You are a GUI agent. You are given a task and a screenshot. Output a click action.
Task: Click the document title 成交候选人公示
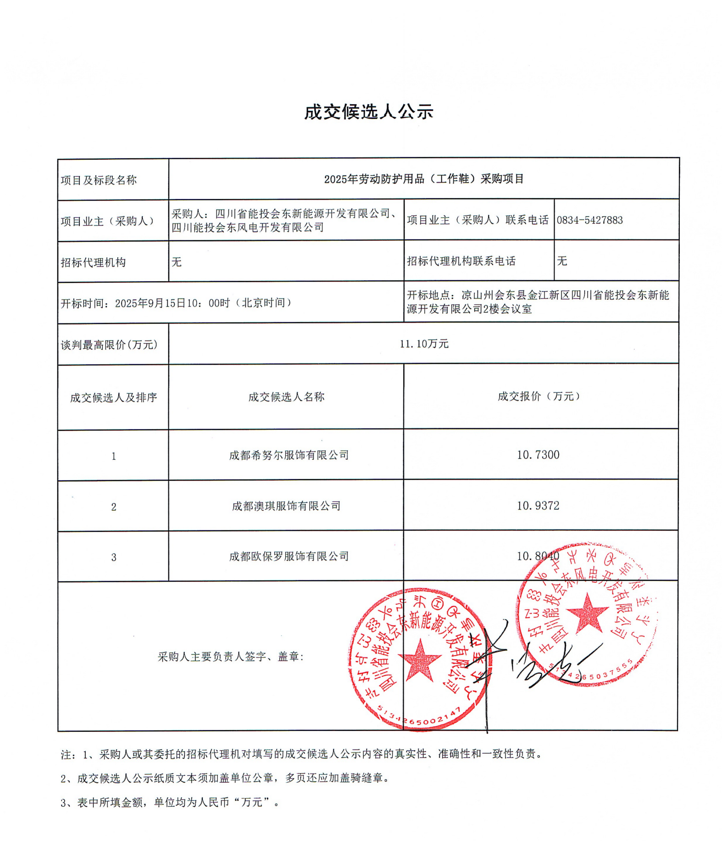pyautogui.click(x=368, y=112)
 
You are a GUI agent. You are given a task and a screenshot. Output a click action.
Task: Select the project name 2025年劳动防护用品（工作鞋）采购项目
pyautogui.click(x=423, y=179)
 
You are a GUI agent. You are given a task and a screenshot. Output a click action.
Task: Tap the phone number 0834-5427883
pyautogui.click(x=589, y=220)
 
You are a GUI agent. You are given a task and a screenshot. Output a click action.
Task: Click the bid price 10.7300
pyautogui.click(x=538, y=455)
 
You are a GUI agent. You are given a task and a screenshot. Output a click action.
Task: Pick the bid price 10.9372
pyautogui.click(x=538, y=506)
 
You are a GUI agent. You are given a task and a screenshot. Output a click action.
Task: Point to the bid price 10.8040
pyautogui.click(x=538, y=556)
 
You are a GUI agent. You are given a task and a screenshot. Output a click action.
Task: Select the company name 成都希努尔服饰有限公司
pyautogui.click(x=289, y=455)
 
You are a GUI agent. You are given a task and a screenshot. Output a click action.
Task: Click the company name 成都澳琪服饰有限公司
pyautogui.click(x=286, y=506)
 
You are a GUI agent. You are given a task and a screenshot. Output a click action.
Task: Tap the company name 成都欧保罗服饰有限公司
pyautogui.click(x=289, y=557)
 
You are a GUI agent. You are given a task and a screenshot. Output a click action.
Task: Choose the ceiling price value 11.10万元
pyautogui.click(x=423, y=344)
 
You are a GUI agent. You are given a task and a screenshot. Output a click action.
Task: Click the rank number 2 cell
pyautogui.click(x=113, y=507)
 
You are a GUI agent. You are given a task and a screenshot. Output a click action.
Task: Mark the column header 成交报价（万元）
pyautogui.click(x=539, y=396)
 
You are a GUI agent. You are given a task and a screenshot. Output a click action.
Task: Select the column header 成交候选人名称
pyautogui.click(x=286, y=397)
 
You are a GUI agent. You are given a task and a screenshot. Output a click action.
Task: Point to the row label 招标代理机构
pyautogui.click(x=93, y=262)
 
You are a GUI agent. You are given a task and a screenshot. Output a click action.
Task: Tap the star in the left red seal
pyautogui.click(x=419, y=661)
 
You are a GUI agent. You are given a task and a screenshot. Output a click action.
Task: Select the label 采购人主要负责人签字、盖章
pyautogui.click(x=231, y=657)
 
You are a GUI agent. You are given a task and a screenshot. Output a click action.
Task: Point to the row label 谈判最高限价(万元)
pyautogui.click(x=109, y=345)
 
